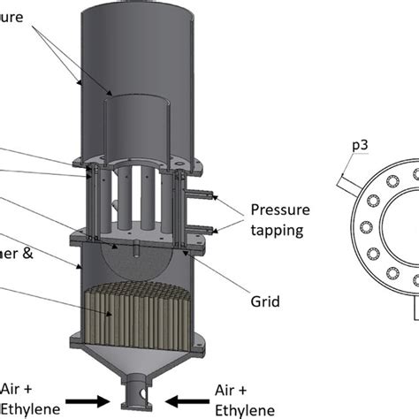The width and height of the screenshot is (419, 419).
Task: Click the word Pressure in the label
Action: tap(281, 209)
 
